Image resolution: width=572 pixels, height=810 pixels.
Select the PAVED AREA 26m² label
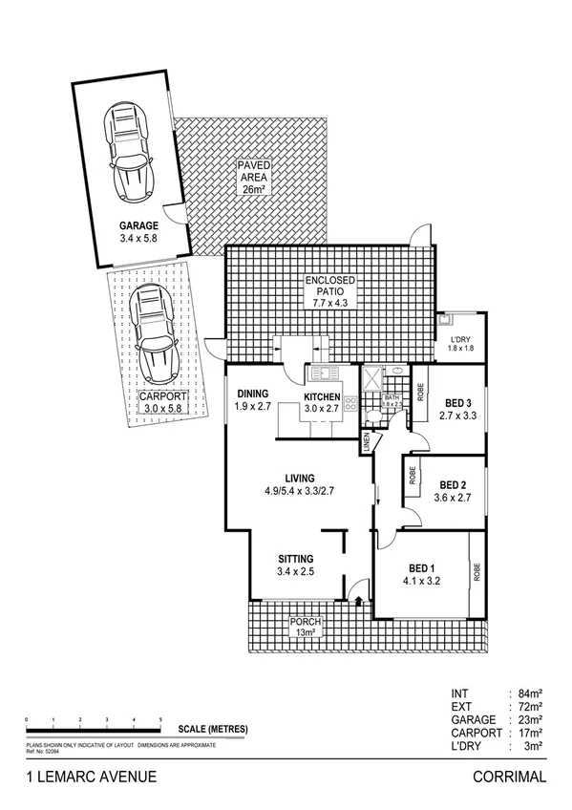tap(255, 178)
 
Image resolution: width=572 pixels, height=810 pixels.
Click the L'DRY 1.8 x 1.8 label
tap(461, 343)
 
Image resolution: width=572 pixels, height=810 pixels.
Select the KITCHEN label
tap(322, 396)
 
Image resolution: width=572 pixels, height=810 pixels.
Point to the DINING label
tap(253, 394)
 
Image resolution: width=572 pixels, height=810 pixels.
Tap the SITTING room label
tap(295, 559)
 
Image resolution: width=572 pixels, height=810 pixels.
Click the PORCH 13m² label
tap(307, 627)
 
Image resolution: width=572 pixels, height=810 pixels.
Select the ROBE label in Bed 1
tap(477, 572)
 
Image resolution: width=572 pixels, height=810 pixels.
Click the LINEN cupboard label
tap(366, 442)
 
